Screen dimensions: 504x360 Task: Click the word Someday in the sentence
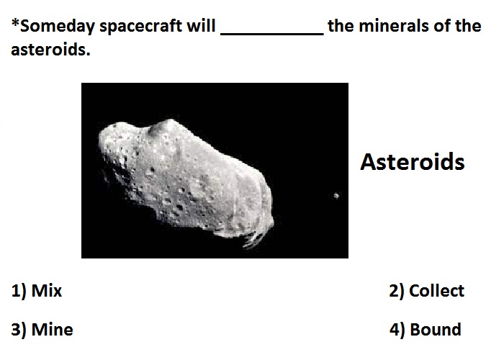click(x=57, y=27)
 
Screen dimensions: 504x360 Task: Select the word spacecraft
click(x=141, y=27)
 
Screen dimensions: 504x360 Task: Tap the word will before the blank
click(x=201, y=25)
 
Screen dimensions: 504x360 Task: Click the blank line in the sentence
click(x=272, y=34)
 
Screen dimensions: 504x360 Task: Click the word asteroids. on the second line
click(x=51, y=50)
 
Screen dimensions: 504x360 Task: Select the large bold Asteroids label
click(x=413, y=162)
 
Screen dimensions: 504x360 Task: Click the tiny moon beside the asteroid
click(x=336, y=195)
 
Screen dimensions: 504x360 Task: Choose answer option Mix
click(x=47, y=291)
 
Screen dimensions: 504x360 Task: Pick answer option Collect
click(x=436, y=291)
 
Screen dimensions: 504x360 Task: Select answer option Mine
click(x=53, y=330)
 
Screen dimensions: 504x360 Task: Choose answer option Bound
click(x=436, y=330)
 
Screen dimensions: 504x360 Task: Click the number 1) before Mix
click(x=19, y=291)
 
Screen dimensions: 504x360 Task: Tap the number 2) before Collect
click(x=396, y=291)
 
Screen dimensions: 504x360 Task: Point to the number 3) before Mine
click(x=19, y=330)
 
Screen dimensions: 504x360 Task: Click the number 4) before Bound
click(x=397, y=330)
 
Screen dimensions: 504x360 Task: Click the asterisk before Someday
click(x=15, y=22)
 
